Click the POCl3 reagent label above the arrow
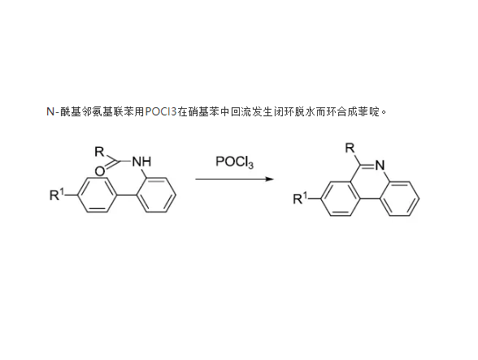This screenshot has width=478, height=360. click(234, 162)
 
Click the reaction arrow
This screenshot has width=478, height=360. click(235, 179)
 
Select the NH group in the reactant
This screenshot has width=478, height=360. click(141, 161)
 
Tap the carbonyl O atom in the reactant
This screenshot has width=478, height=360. click(100, 171)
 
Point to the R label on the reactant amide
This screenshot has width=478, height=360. click(99, 151)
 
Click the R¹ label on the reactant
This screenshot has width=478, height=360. click(57, 195)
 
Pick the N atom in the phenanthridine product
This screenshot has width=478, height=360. click(380, 166)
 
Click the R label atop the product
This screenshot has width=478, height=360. click(350, 148)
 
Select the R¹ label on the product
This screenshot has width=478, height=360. click(301, 198)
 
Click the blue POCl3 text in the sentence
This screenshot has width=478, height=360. click(161, 112)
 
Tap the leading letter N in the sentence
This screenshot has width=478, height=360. click(50, 112)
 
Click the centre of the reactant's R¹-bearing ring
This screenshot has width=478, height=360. click(98, 194)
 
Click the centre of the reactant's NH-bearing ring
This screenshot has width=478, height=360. click(156, 194)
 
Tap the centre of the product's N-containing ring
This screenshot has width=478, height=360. click(370, 182)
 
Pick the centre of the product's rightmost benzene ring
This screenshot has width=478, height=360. click(400, 199)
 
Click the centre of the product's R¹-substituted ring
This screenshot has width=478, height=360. click(341, 199)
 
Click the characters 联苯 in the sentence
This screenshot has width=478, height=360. click(124, 112)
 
